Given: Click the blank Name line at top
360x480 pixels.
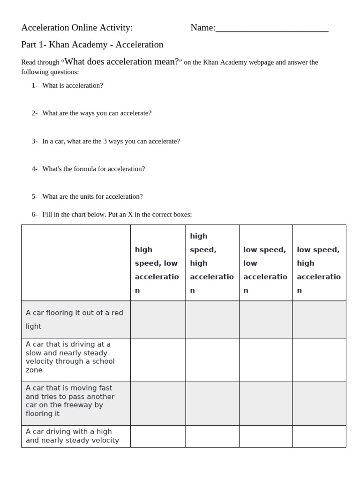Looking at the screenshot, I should [272, 29].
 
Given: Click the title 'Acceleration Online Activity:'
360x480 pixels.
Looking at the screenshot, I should [77, 28].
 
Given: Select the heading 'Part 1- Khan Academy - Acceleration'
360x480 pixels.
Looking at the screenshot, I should [92, 45].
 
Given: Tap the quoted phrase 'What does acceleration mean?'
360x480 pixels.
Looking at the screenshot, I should [122, 61].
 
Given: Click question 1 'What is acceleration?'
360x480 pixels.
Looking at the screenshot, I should [72, 85].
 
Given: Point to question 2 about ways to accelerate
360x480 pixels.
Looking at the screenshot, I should [97, 113].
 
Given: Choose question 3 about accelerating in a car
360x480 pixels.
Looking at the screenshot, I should [111, 141].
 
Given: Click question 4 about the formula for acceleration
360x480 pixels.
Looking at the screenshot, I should [93, 169].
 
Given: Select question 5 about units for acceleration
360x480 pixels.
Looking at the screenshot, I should [92, 196].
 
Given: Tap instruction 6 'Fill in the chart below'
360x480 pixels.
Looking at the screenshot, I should [117, 214].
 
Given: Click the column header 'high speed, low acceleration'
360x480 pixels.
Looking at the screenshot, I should [157, 270].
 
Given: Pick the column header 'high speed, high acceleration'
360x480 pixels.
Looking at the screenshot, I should [212, 263].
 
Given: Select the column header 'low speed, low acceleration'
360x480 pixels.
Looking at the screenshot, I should [265, 270].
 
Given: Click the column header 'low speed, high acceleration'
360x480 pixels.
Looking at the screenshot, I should [319, 270].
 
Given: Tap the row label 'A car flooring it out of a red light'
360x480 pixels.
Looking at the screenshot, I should [75, 319].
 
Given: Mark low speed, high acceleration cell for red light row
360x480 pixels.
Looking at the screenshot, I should [319, 319].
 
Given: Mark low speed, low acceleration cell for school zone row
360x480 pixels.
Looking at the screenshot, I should [266, 360].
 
